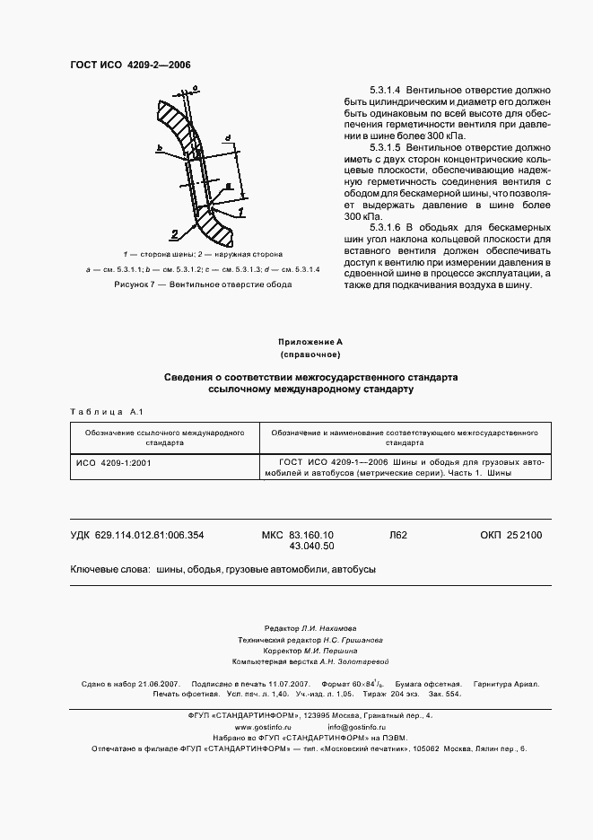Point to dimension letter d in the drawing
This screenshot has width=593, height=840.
pyautogui.click(x=229, y=138)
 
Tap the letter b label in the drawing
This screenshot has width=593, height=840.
pyautogui.click(x=158, y=148)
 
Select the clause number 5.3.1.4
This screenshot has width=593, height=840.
pyautogui.click(x=383, y=92)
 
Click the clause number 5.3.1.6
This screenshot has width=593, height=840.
pyautogui.click(x=383, y=229)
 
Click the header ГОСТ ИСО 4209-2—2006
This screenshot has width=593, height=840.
pyautogui.click(x=130, y=65)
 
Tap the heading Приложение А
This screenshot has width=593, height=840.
pyautogui.click(x=296, y=343)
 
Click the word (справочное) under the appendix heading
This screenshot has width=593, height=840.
pyautogui.click(x=296, y=356)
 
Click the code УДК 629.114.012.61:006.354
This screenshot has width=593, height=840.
pyautogui.click(x=137, y=535)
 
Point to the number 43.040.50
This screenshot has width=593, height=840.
pyautogui.click(x=311, y=546)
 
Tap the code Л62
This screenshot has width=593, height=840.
pyautogui.click(x=398, y=535)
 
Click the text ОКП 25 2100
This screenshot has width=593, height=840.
pyautogui.click(x=505, y=535)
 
